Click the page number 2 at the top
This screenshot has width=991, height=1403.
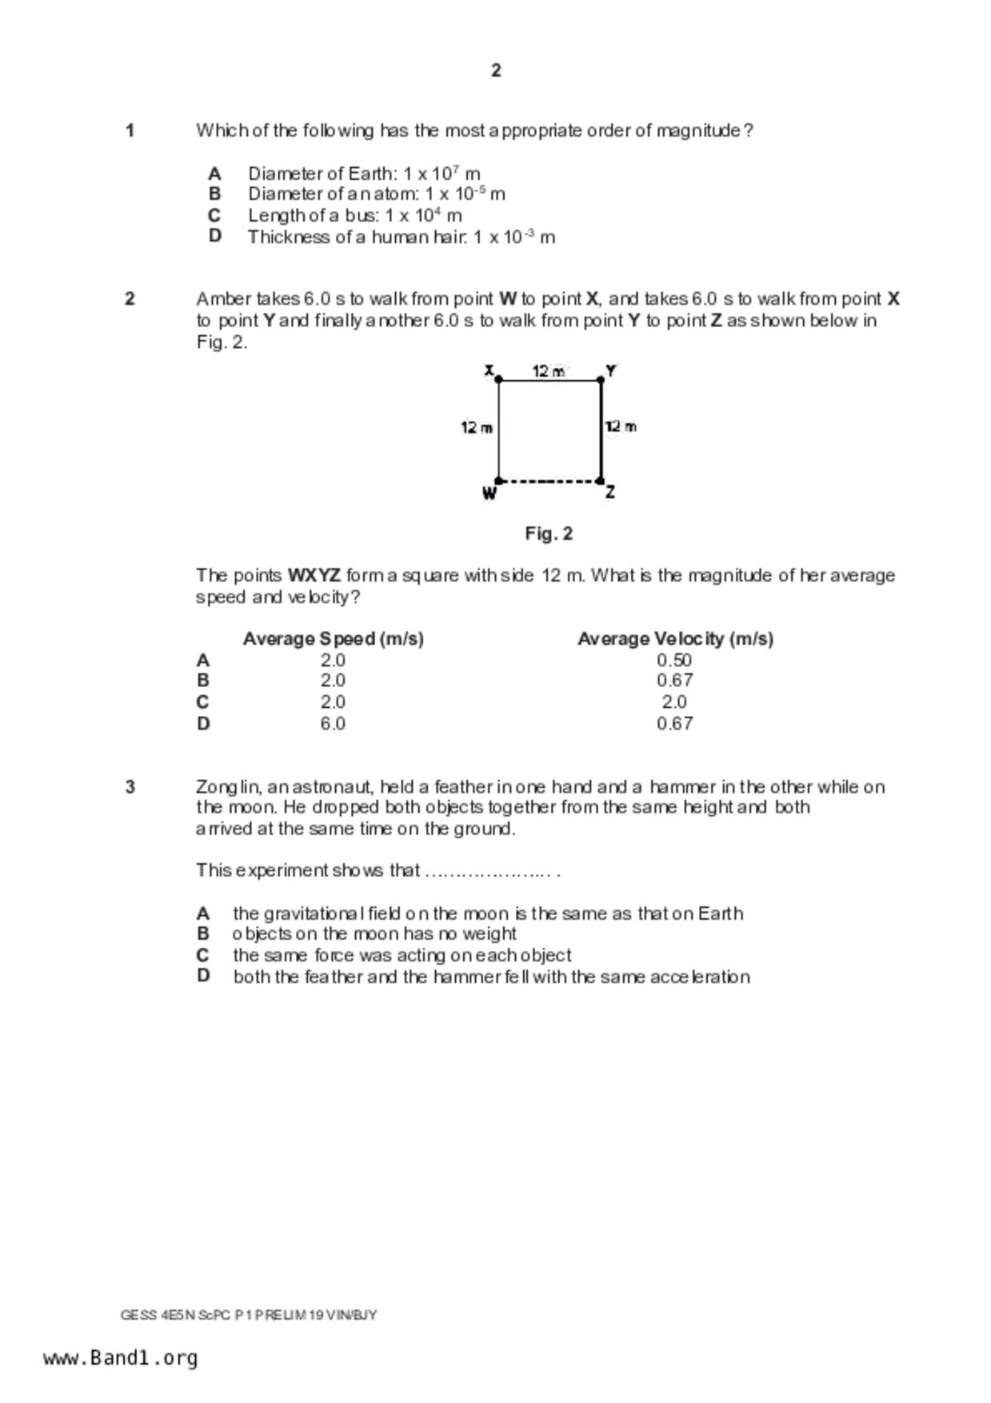click(496, 70)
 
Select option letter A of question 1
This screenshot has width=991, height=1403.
click(214, 174)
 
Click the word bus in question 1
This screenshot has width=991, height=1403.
click(361, 216)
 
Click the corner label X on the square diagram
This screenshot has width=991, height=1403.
click(489, 370)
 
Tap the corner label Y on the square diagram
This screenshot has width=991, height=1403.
click(611, 370)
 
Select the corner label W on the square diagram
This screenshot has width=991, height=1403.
click(489, 494)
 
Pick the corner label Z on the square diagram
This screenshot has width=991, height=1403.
click(610, 492)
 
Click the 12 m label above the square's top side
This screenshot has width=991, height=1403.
click(549, 371)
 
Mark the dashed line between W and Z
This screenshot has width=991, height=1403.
click(549, 482)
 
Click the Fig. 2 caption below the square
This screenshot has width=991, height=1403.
click(549, 534)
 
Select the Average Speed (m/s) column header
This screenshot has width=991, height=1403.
click(334, 638)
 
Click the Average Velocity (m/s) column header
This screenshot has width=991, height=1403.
click(675, 638)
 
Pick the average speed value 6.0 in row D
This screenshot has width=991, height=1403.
click(333, 724)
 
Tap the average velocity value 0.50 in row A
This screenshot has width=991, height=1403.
click(674, 661)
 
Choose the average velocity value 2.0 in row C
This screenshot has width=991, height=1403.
click(674, 702)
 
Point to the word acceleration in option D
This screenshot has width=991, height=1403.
click(700, 977)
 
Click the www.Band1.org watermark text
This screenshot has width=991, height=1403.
click(121, 1358)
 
